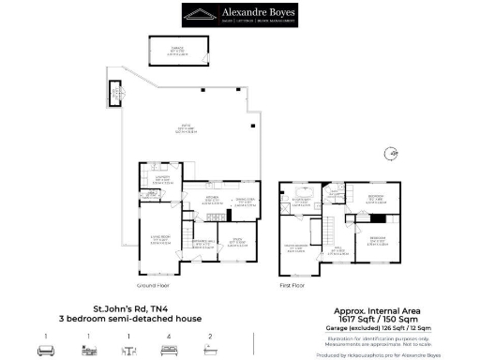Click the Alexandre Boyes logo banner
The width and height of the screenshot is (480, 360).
[x=239, y=14]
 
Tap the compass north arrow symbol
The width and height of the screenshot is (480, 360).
[x=395, y=153]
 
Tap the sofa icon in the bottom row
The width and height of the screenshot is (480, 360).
[x=45, y=351]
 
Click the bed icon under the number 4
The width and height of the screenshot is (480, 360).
[x=169, y=351]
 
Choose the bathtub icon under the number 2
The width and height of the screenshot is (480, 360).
[x=210, y=351]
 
